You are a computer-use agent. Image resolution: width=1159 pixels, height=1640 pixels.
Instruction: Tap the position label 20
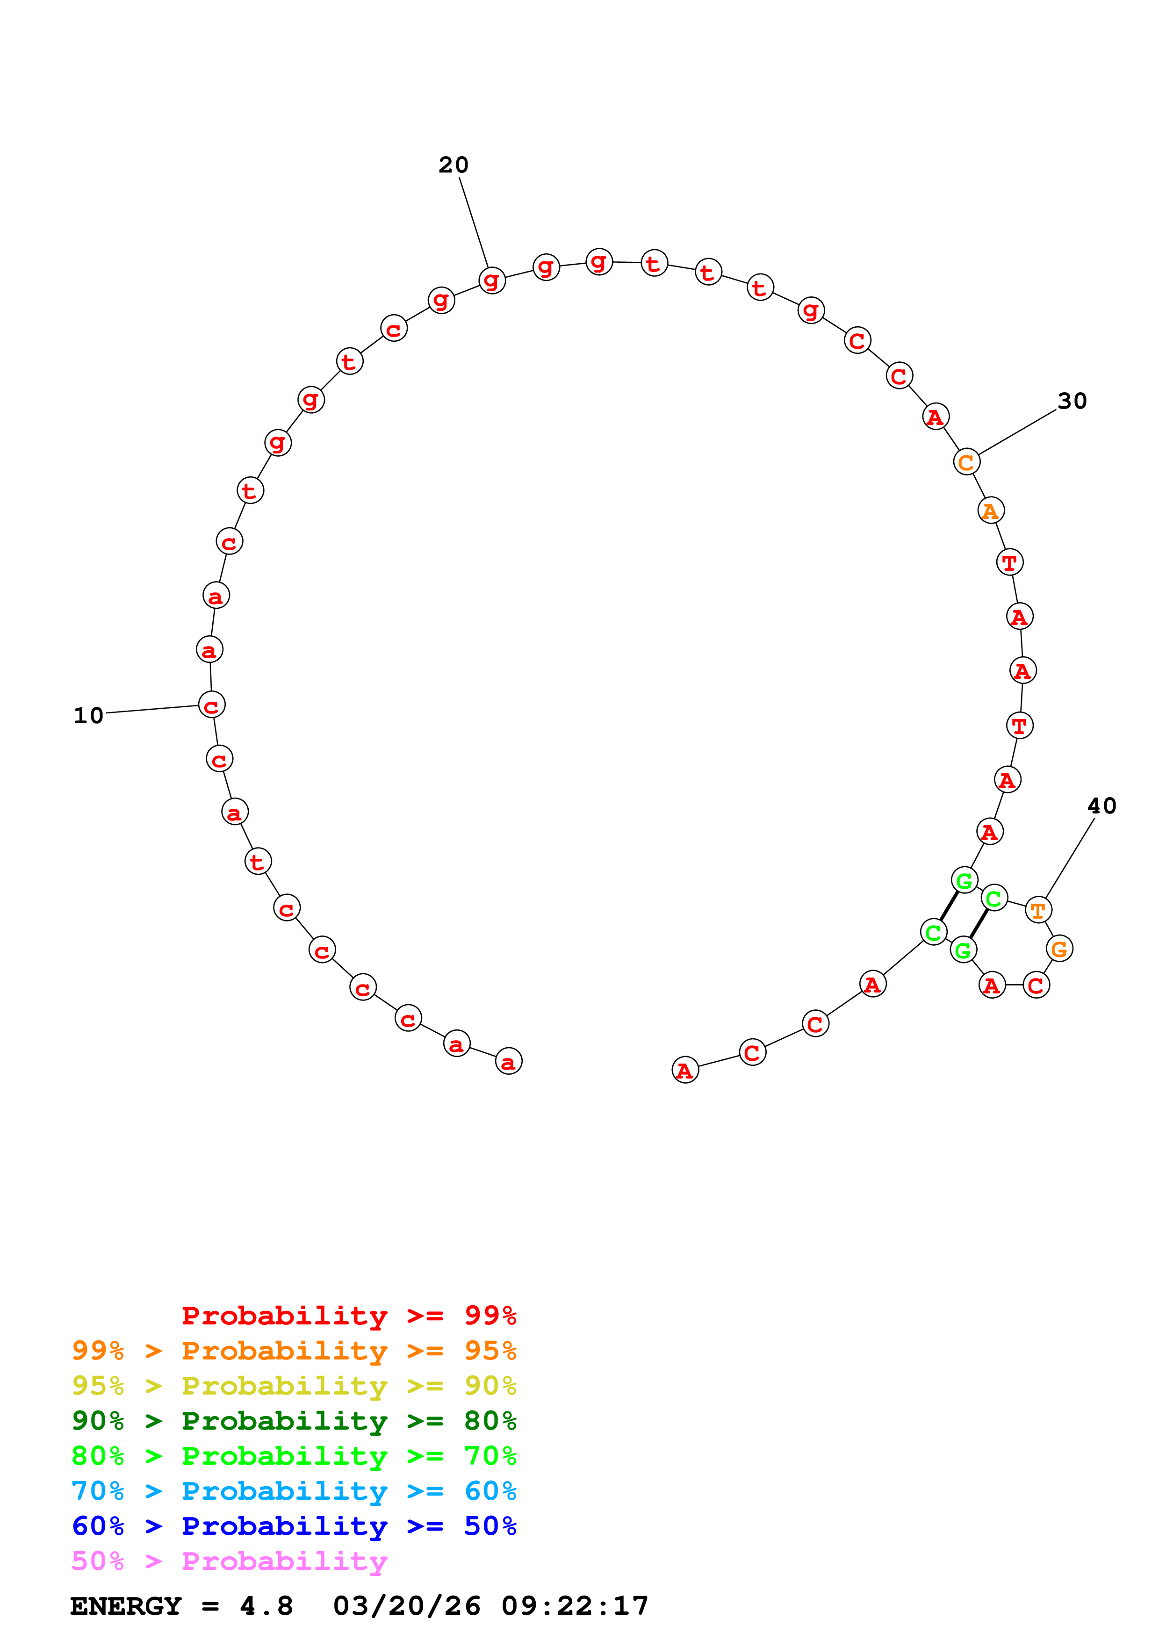click(454, 165)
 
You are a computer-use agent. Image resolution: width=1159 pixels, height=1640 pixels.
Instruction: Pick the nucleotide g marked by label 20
click(492, 280)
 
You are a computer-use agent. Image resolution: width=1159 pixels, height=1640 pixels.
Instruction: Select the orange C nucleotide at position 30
click(966, 462)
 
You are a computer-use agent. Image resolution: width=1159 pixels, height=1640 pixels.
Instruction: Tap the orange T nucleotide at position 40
click(1037, 910)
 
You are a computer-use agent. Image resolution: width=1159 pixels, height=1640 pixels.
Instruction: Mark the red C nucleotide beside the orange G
click(1036, 985)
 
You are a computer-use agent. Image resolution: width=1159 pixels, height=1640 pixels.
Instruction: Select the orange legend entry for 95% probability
click(294, 1351)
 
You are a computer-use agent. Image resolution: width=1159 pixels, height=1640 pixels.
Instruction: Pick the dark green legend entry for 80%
click(294, 1421)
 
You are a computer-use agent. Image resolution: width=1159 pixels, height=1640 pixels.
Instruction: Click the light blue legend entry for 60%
click(294, 1491)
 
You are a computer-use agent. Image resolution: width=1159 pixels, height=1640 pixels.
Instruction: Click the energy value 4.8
click(266, 1606)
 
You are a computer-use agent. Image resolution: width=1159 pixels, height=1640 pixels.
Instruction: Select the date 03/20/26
click(406, 1606)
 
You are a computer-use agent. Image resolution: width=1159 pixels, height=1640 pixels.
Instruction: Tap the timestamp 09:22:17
click(575, 1606)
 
